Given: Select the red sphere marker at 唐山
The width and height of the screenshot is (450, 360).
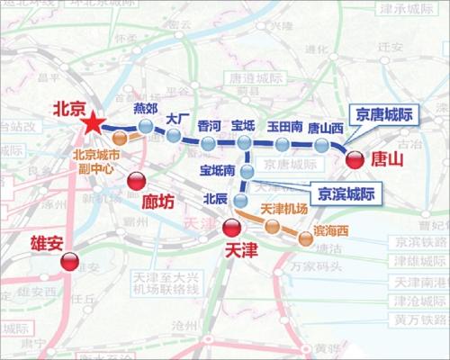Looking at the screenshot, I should (355, 159).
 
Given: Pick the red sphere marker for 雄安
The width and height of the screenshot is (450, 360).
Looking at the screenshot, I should (69, 262).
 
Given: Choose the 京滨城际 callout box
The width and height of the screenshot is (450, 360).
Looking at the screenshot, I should (343, 192).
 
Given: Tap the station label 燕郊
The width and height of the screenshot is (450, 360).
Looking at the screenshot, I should (146, 109).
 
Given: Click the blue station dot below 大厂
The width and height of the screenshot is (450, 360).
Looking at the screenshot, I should (174, 137).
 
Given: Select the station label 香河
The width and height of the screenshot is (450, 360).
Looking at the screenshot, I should (209, 125).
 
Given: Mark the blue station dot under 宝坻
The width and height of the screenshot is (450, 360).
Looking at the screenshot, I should (245, 143).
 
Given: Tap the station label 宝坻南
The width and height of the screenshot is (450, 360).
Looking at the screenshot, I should (218, 169).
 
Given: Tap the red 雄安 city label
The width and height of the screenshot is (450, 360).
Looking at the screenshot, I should (34, 243).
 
